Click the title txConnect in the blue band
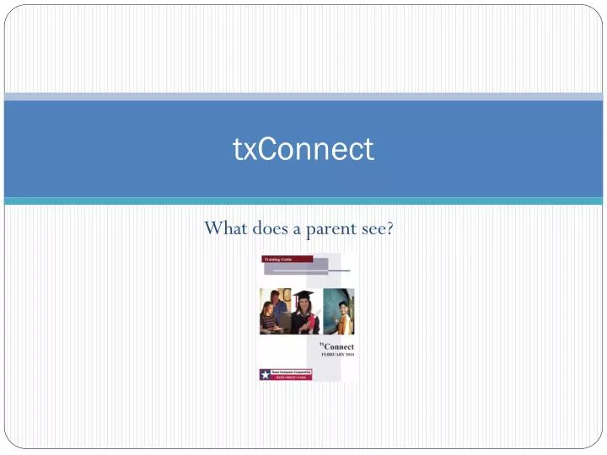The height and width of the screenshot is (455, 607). coord(303,149)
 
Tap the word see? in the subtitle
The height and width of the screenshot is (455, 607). coord(376,227)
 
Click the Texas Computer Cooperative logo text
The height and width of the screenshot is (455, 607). coord(291,372)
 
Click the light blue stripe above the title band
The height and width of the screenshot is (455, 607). coord(303,96)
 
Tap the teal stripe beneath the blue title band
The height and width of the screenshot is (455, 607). coord(303,201)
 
